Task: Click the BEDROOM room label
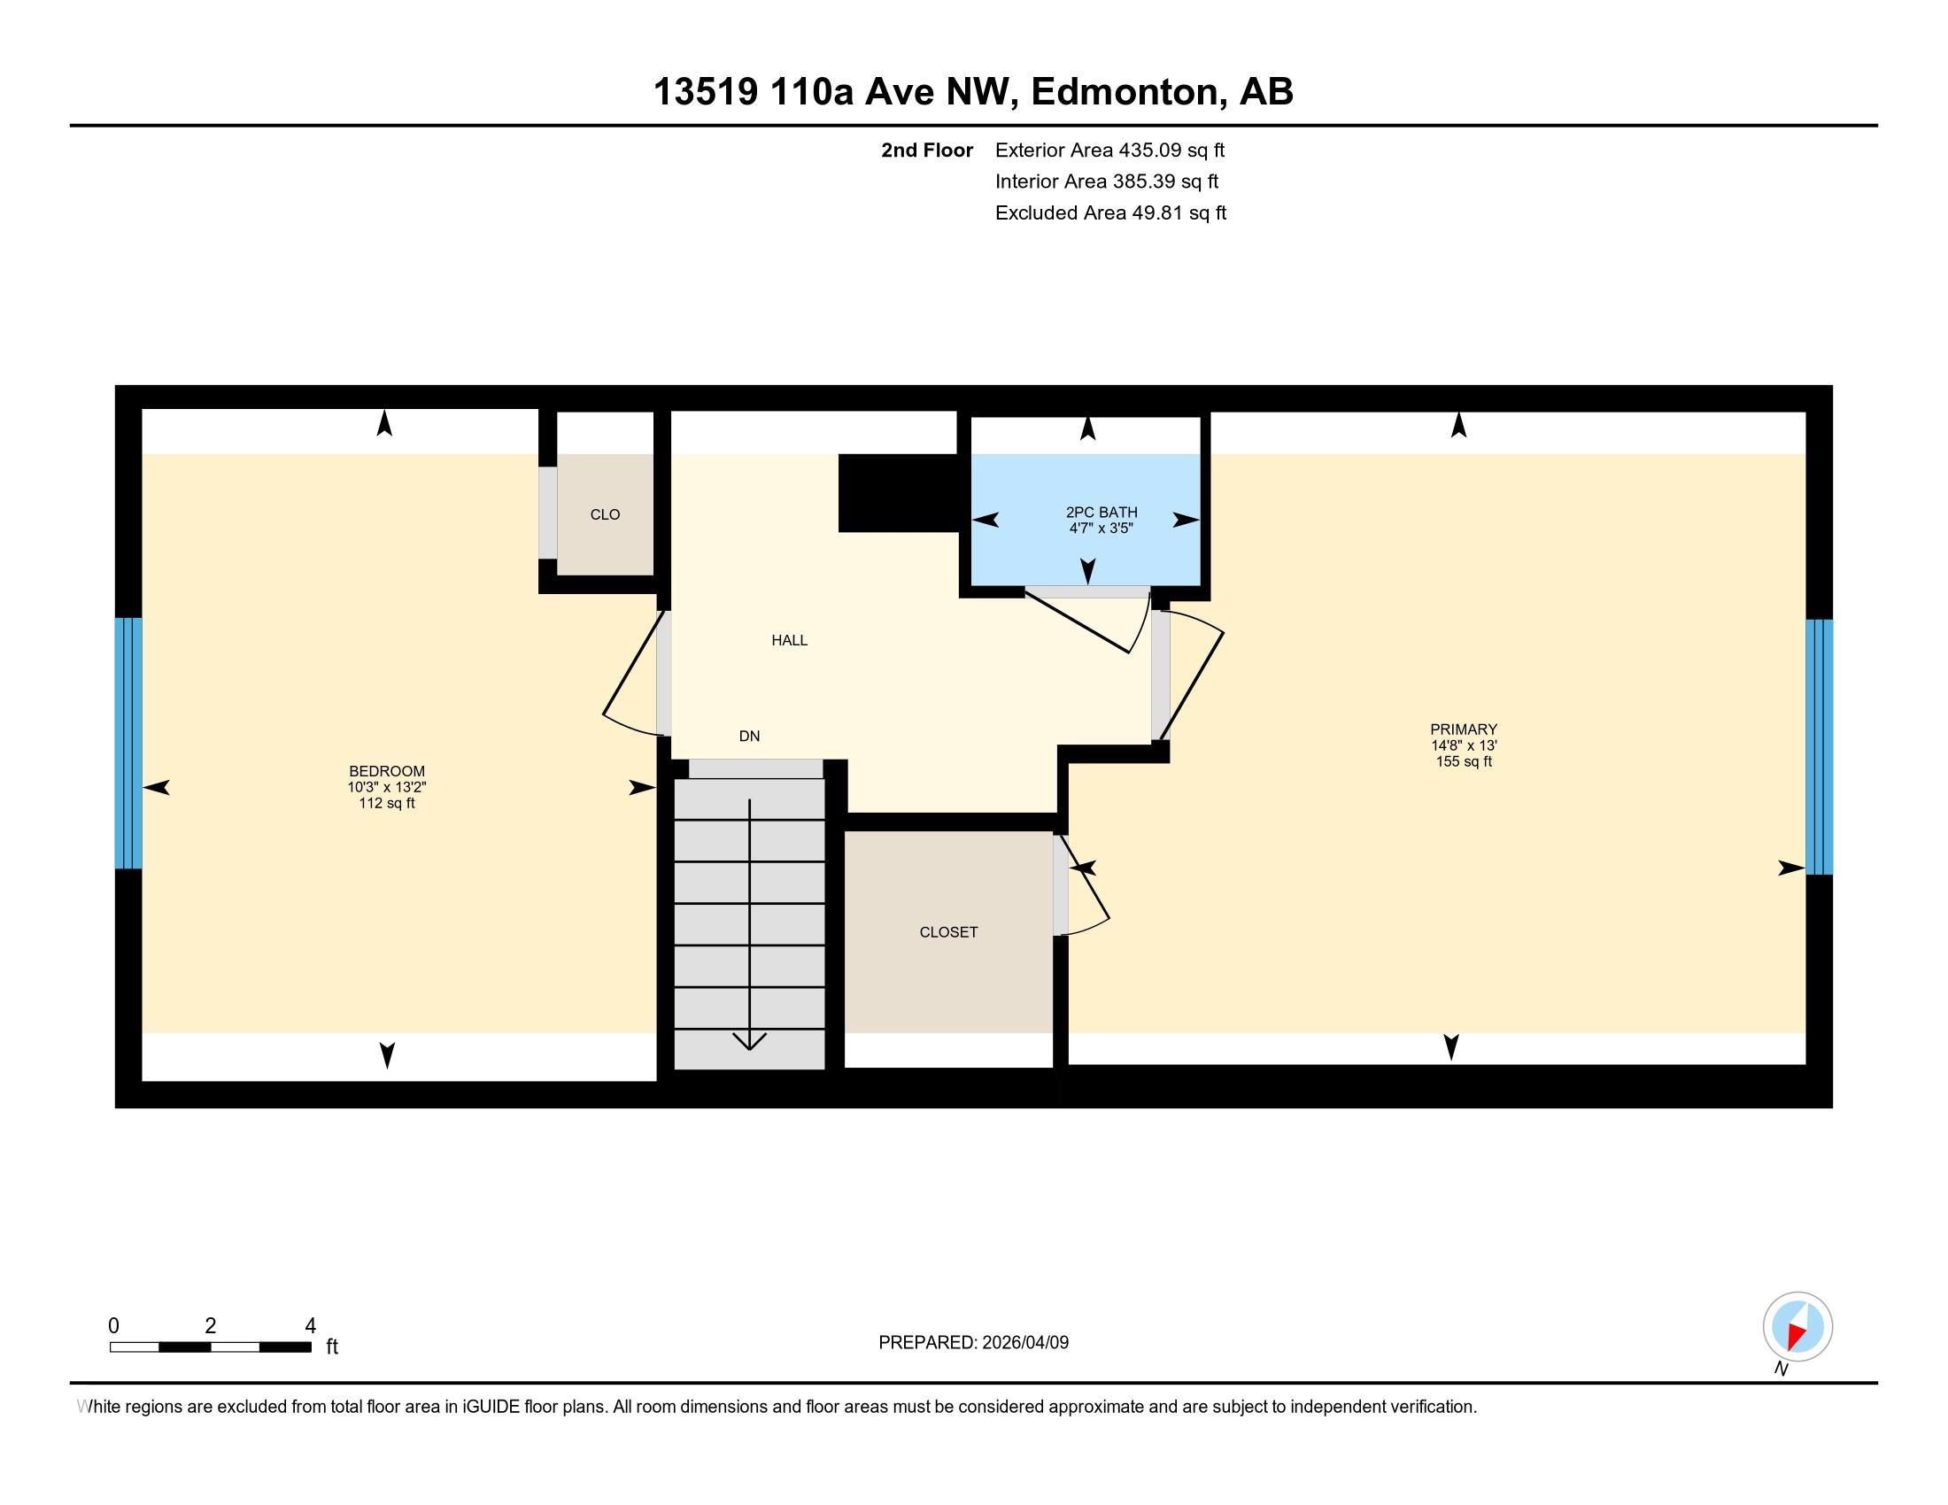[386, 771]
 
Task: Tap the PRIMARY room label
[1464, 729]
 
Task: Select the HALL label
[789, 640]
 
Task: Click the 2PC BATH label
[1102, 513]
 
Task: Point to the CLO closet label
[605, 514]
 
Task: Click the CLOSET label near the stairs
[948, 932]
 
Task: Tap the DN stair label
[749, 737]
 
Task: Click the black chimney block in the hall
[897, 493]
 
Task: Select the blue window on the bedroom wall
[128, 743]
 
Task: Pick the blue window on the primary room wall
[1819, 746]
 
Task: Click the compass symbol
[1797, 1327]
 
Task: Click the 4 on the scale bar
[311, 1326]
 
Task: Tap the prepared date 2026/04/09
[1024, 1343]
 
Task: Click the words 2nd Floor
[927, 150]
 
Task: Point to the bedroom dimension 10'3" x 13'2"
[387, 787]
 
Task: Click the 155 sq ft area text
[1464, 761]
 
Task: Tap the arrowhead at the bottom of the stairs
[749, 1040]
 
